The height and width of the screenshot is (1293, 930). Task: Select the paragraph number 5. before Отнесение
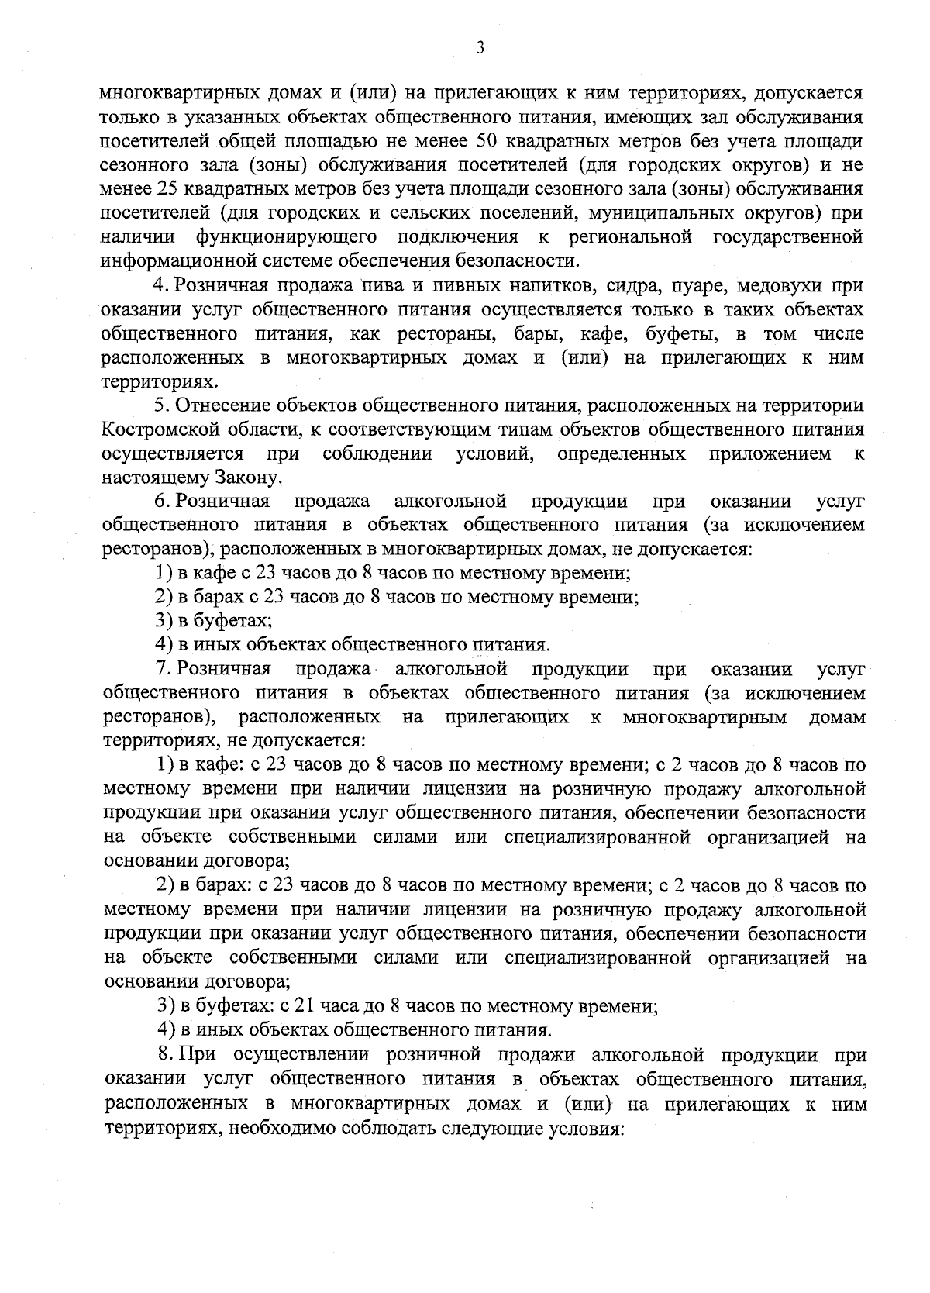tap(162, 405)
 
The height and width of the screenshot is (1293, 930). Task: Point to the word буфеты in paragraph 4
tap(679, 333)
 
